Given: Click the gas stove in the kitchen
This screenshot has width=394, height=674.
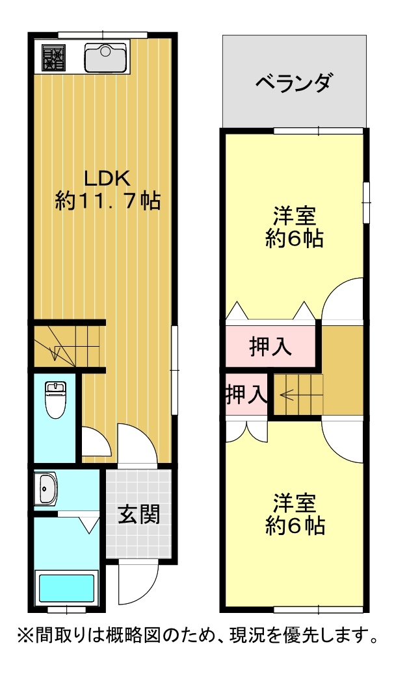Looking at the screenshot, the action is coord(53,57).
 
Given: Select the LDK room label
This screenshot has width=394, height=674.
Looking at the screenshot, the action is coord(107,177).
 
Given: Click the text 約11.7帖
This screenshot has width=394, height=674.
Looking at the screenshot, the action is coord(108,200).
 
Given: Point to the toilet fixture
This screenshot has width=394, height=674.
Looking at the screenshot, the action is coord(55,399).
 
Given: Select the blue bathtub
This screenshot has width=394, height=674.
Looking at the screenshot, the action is coord(67,588).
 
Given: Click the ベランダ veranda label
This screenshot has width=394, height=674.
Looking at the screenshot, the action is coord(294,82).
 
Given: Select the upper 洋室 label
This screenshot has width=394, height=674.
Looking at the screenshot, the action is coord(295,216).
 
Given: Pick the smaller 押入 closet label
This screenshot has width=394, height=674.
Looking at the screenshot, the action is coord(246,395).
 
